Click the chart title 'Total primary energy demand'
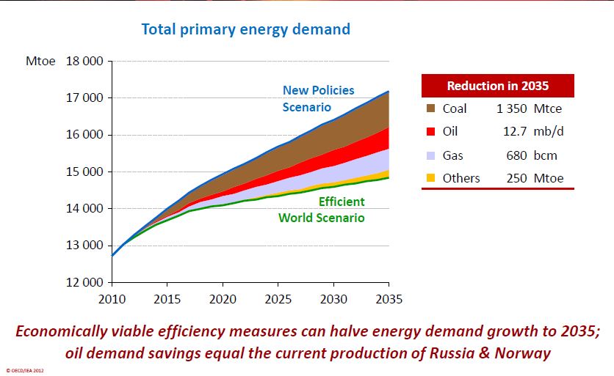click(245, 30)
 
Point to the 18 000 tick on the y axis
click(85, 62)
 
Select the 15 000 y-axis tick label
click(85, 172)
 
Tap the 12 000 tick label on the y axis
click(85, 282)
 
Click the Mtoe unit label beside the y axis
click(40, 62)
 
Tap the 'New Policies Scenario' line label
click(318, 99)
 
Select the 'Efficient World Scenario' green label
click(321, 210)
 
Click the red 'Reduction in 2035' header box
click(497, 86)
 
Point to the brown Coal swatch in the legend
click(432, 108)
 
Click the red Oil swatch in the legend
click(432, 132)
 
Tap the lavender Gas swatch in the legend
click(432, 155)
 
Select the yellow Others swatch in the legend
click(432, 178)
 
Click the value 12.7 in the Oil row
click(511, 132)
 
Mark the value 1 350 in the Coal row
click(513, 108)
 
